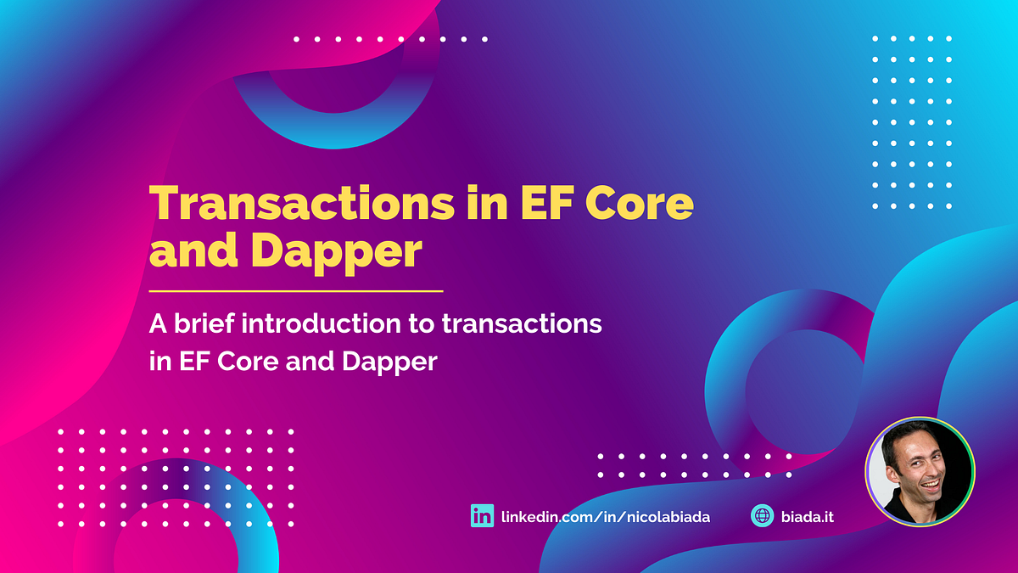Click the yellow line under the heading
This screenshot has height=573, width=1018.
pos(296,291)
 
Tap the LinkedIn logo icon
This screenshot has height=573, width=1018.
pos(482,515)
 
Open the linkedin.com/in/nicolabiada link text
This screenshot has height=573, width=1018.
pos(606,516)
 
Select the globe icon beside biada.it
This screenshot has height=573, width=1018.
pos(762,515)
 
